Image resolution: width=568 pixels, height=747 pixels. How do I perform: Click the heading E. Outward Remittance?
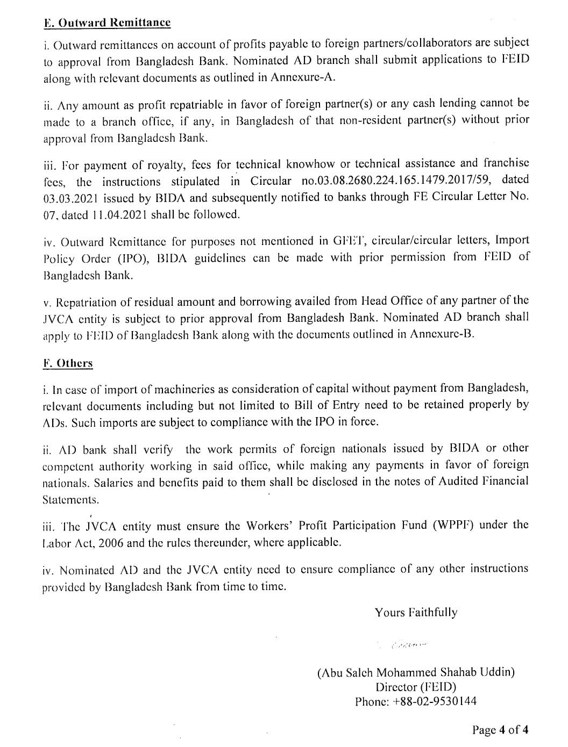click(106, 23)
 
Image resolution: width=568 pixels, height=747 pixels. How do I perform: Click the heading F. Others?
click(68, 363)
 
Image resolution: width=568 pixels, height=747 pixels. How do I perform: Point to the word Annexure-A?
click(303, 77)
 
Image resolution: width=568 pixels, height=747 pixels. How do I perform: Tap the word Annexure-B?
click(442, 334)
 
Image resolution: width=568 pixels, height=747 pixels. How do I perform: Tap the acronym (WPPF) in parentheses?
click(453, 525)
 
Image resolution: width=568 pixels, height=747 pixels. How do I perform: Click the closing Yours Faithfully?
click(416, 613)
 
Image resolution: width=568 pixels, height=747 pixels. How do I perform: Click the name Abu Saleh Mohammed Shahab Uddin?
click(416, 672)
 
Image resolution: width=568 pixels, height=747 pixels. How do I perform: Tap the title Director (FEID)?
click(416, 687)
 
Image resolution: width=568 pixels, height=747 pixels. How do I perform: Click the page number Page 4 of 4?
click(500, 729)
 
